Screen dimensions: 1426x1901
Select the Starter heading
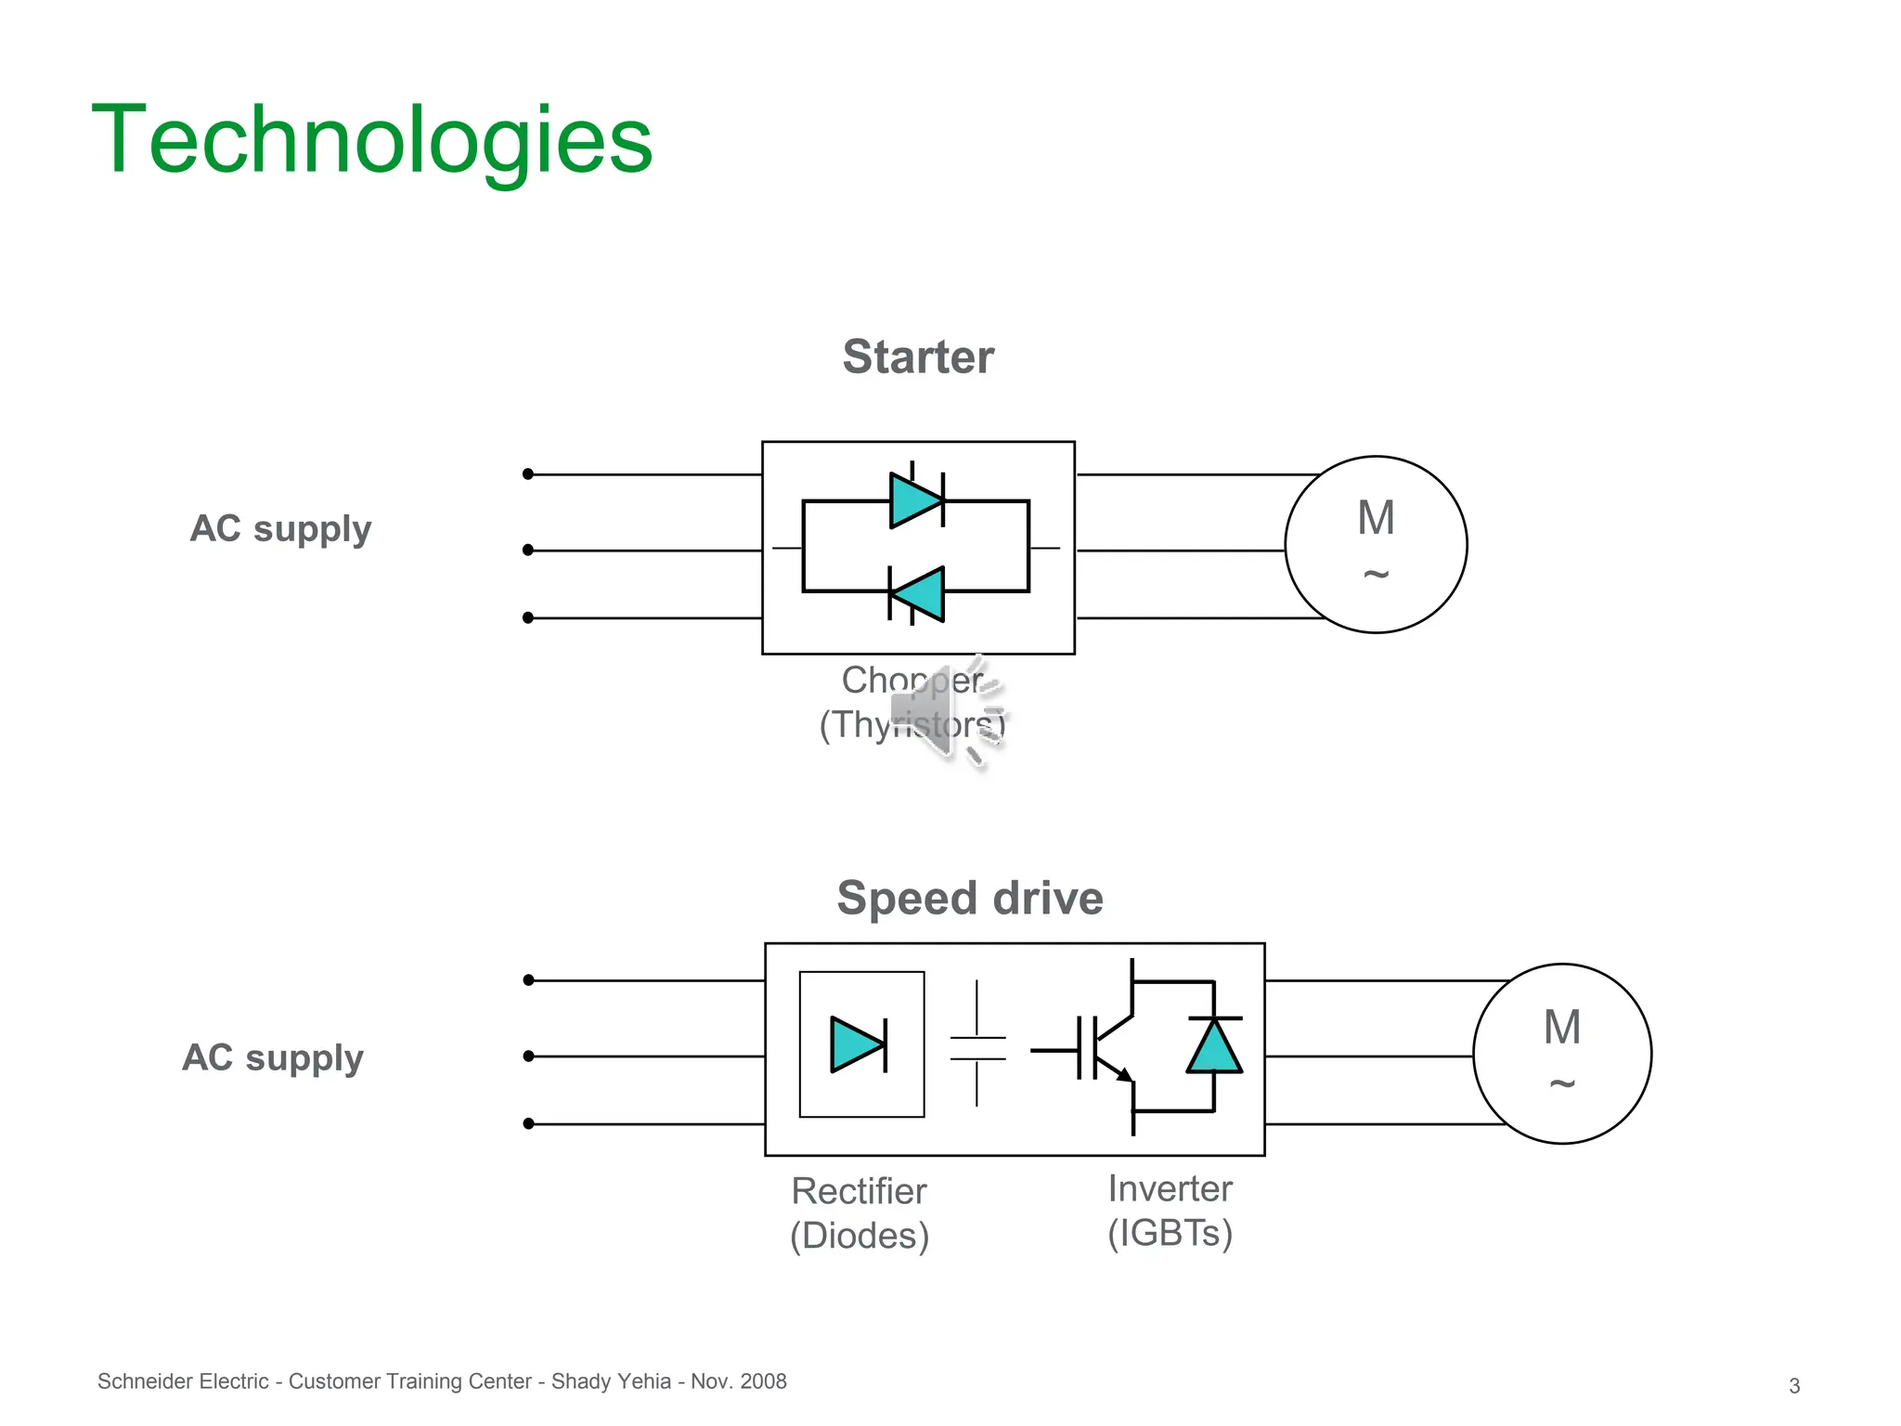[917, 357]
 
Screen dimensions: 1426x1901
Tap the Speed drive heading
[969, 899]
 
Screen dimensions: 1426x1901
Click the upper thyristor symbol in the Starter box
[916, 500]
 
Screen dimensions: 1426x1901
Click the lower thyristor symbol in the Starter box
[917, 593]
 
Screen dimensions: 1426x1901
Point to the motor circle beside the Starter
[1376, 545]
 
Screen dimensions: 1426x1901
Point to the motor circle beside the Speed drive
[1561, 1054]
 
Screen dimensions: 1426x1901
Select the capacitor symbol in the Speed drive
[977, 1047]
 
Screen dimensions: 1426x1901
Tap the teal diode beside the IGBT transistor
[1214, 1047]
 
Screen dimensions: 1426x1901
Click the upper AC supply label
[280, 529]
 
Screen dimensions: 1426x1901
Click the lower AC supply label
[273, 1058]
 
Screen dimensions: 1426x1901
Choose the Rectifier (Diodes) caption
[860, 1213]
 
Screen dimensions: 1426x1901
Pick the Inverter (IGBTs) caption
[1170, 1211]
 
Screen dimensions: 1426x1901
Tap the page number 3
[1794, 1386]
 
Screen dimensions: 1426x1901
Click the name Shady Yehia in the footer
[611, 1381]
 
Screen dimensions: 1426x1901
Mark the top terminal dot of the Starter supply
[528, 474]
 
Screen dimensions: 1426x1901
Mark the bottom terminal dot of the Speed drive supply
[529, 1124]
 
